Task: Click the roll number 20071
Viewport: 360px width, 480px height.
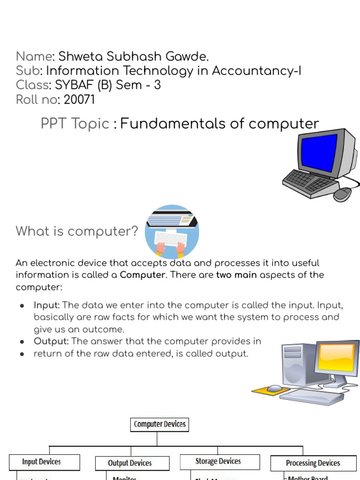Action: pos(79,99)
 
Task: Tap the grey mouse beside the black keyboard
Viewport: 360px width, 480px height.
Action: pos(343,194)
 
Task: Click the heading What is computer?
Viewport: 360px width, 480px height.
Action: pos(77,231)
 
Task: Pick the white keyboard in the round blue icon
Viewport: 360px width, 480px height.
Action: pos(170,239)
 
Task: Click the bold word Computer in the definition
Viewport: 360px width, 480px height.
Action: pos(142,275)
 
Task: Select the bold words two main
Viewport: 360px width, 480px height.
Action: pos(236,275)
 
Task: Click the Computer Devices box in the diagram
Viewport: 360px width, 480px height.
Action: pos(160,425)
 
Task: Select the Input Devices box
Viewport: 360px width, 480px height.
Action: pos(41,462)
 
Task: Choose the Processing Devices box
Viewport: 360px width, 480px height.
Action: pos(313,463)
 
